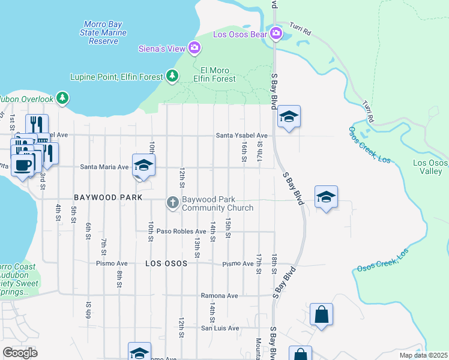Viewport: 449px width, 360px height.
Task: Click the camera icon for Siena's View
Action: pyautogui.click(x=194, y=47)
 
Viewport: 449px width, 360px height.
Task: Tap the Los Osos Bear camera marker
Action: pyautogui.click(x=276, y=32)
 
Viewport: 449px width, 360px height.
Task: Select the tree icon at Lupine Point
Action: pyautogui.click(x=173, y=76)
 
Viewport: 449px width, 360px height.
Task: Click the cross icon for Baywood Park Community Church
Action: pyautogui.click(x=173, y=203)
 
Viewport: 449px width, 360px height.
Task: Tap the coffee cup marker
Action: pyautogui.click(x=23, y=164)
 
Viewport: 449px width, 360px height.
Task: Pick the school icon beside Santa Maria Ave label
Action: pyautogui.click(x=143, y=164)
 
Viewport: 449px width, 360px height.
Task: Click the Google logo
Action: pyautogui.click(x=20, y=352)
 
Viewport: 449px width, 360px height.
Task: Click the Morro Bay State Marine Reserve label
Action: pyautogui.click(x=104, y=32)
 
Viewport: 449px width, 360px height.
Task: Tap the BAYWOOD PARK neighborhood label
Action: pyautogui.click(x=108, y=197)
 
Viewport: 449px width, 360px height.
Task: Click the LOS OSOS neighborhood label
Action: pyautogui.click(x=166, y=263)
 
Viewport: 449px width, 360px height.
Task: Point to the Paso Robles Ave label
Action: pyautogui.click(x=181, y=231)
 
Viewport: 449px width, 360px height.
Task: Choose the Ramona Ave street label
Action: pyautogui.click(x=219, y=296)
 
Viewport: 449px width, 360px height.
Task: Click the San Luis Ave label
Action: pyautogui.click(x=220, y=328)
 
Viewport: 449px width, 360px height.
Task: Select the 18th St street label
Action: pyautogui.click(x=274, y=263)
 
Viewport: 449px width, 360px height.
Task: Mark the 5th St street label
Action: pyautogui.click(x=73, y=214)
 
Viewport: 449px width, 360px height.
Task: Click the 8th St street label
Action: pyautogui.click(x=119, y=278)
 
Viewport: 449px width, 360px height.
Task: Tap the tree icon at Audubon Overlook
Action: pyautogui.click(x=62, y=97)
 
